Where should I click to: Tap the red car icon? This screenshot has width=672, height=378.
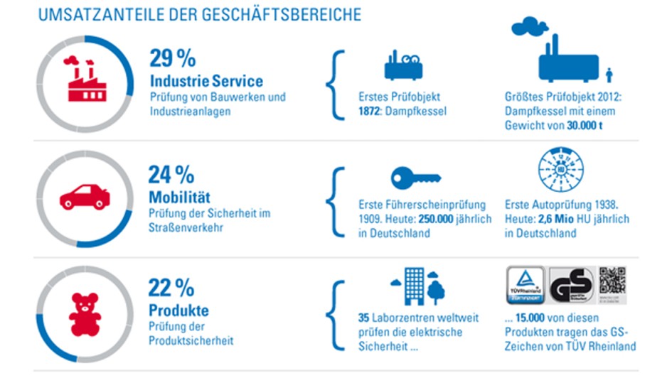point(84,196)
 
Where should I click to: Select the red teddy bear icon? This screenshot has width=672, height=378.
point(84,313)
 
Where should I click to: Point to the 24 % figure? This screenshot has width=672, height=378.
point(171,174)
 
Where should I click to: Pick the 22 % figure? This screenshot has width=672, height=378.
point(171,288)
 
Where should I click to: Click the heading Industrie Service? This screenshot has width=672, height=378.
point(206,80)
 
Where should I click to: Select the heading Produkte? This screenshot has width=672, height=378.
point(178,310)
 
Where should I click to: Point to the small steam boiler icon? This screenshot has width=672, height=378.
point(404,65)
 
